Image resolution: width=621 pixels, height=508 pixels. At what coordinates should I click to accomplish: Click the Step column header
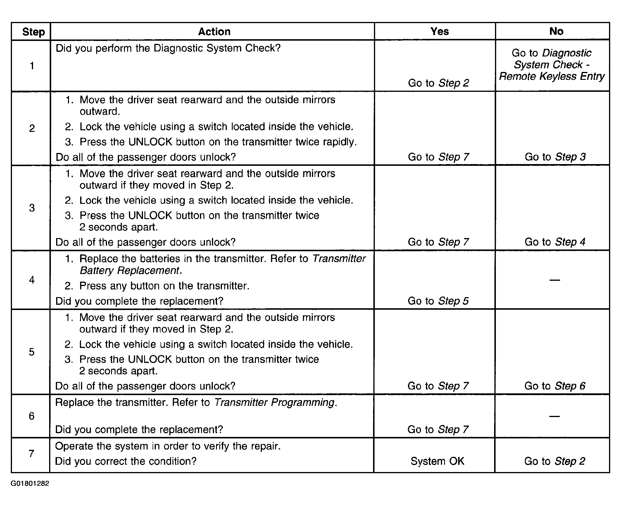33,32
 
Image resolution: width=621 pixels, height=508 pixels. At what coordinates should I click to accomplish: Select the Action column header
214,32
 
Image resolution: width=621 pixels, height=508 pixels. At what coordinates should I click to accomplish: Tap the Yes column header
439,31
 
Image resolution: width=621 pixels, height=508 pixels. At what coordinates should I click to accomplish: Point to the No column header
556,31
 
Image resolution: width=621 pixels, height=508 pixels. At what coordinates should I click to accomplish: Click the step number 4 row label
32,280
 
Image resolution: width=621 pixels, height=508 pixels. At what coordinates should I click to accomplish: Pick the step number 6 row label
32,416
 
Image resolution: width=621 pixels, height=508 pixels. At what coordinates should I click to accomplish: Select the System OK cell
437,461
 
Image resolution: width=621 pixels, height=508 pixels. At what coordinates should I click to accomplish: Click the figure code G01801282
30,483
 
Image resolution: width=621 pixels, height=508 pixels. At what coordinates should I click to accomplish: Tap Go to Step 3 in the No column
555,157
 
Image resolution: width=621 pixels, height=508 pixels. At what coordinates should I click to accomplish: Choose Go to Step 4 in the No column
555,242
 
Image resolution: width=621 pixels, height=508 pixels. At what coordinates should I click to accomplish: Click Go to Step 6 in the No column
555,386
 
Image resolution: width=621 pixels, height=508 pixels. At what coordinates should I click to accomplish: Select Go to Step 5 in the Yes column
438,301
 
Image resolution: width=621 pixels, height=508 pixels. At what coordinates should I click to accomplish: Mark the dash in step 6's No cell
555,416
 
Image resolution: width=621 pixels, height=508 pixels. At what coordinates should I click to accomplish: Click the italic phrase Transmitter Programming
274,403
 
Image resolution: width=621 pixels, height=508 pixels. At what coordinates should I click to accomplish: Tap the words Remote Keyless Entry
551,76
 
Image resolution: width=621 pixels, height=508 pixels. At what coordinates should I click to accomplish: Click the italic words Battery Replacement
129,271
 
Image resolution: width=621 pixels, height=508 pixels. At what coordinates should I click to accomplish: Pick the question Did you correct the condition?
126,461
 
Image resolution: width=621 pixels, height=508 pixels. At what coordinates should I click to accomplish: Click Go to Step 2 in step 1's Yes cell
438,83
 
